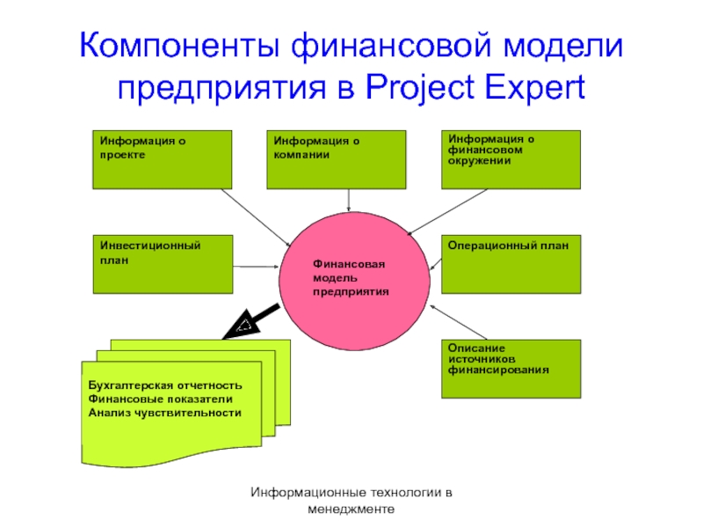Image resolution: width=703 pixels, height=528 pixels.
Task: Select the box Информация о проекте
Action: point(163,159)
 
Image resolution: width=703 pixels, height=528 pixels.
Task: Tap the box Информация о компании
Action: point(337,159)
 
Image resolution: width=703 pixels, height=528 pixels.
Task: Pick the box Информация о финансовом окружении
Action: point(511,159)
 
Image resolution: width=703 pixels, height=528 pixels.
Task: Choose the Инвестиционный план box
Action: point(163,263)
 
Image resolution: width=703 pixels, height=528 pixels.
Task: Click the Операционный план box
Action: point(511,263)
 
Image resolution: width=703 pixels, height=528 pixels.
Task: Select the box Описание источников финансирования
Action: point(511,368)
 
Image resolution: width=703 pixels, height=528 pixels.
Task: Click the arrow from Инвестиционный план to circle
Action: point(257,267)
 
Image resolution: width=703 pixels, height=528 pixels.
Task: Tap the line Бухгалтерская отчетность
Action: point(165,386)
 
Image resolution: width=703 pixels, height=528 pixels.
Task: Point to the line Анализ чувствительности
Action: point(165,413)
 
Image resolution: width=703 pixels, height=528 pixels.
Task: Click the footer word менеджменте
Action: point(351,510)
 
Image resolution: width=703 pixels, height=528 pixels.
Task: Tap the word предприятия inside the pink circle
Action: point(350,290)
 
